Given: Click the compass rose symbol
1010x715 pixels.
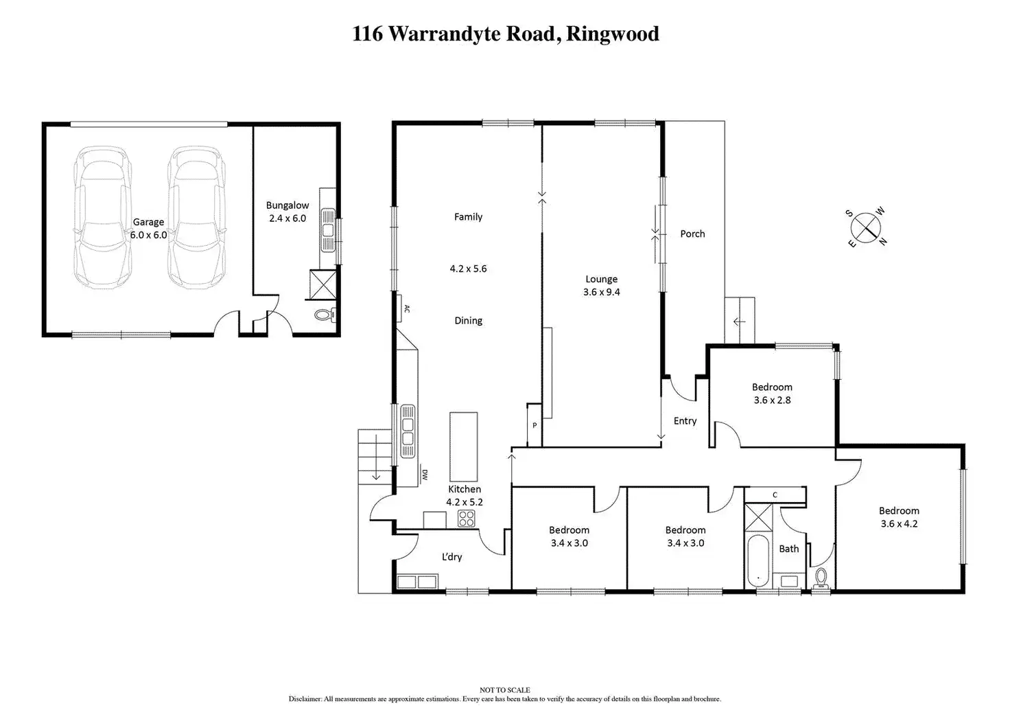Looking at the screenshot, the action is tap(866, 227).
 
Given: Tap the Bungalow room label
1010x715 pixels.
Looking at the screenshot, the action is tap(287, 205).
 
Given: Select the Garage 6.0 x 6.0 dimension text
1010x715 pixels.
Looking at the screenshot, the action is tap(148, 235).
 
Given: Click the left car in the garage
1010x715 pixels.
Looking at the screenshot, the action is tap(103, 217).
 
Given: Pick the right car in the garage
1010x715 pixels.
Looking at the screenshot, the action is tap(196, 217).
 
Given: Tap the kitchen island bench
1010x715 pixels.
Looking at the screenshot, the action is tap(464, 447).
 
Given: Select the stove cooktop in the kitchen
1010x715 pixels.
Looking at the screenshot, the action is tap(466, 519).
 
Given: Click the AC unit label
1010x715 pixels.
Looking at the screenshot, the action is tap(407, 309).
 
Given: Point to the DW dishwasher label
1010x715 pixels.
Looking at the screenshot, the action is tap(425, 475).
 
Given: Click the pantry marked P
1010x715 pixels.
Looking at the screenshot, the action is tap(535, 425).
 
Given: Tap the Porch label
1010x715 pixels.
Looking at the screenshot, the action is tap(692, 234).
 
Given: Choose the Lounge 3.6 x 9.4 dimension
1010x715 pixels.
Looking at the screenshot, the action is tap(602, 292).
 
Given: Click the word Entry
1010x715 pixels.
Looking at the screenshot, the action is tap(685, 421).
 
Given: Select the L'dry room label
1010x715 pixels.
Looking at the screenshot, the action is tap(451, 557).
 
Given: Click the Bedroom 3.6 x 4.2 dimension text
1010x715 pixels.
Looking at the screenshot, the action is tap(899, 524).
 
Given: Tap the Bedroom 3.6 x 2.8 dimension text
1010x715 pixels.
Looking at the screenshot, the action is tap(772, 400).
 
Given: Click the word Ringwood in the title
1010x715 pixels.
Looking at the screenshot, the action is tap(612, 34).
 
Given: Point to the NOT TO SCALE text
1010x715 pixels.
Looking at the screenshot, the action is tap(505, 690).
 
